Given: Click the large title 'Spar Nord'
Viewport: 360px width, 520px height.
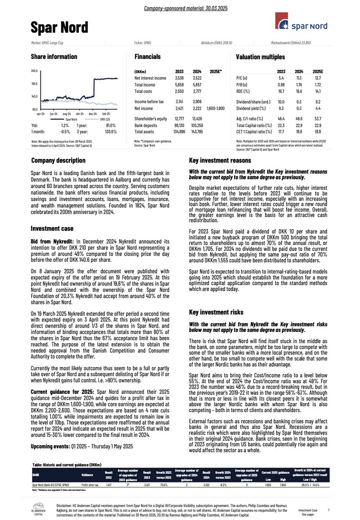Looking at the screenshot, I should point(59,27).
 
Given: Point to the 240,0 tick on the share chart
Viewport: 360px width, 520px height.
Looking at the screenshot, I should point(34,71).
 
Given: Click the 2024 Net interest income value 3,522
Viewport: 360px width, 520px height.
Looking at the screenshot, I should point(197,78).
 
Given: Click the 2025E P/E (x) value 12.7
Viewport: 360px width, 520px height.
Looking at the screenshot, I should point(318,78).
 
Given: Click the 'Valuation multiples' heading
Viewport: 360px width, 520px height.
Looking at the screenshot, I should point(260,57).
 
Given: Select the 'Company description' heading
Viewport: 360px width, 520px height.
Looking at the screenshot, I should point(58,161).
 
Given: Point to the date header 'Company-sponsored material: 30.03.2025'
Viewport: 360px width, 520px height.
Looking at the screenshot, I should point(180,8).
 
